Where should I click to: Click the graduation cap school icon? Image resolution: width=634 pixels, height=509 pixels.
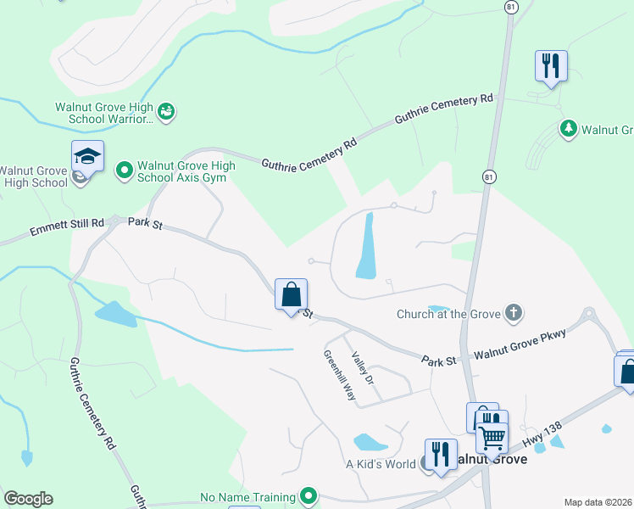[87, 157]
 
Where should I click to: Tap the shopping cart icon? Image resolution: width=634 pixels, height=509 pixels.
[491, 438]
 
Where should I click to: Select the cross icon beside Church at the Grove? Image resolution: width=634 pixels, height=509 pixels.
[512, 314]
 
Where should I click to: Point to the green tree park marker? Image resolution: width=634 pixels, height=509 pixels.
[568, 129]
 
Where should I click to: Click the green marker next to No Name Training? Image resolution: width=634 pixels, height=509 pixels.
[309, 496]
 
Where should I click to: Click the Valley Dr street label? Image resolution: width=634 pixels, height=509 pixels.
[363, 369]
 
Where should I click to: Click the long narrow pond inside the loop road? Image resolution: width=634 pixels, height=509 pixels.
[367, 246]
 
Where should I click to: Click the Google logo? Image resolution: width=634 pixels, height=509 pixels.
[28, 499]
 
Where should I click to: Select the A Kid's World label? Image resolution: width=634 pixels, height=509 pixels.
[381, 464]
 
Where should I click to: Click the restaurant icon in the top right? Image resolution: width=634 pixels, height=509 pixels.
[551, 65]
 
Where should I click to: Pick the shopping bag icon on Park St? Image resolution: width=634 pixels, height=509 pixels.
[291, 295]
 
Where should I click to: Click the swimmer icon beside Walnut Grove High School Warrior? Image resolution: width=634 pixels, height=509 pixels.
[167, 111]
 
